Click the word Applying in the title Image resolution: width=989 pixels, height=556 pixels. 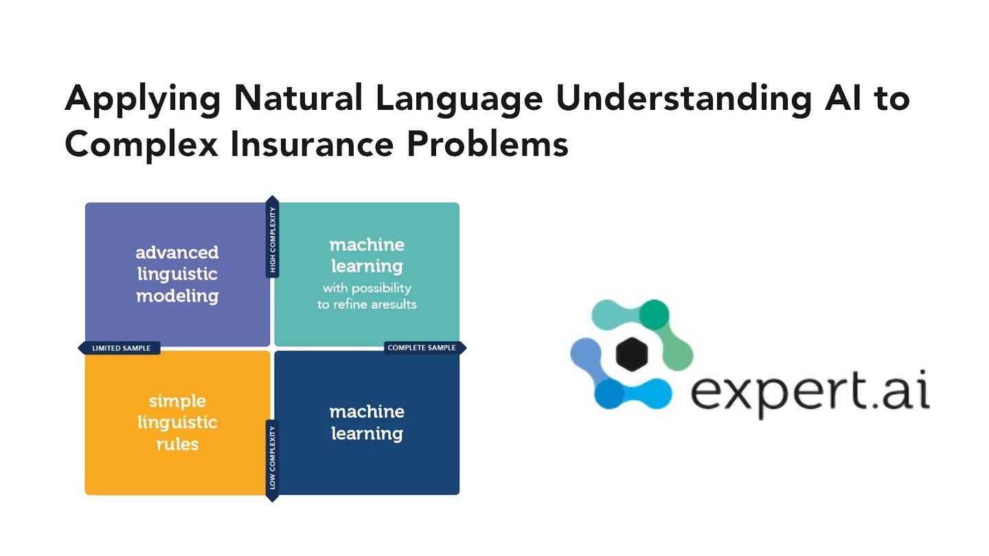coord(143,101)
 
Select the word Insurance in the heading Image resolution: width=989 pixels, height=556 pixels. coord(312,144)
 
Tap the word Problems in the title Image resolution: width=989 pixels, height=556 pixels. coord(487,144)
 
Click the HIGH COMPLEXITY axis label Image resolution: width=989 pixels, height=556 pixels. coord(273,240)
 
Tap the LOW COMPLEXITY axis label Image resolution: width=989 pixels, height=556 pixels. coord(273,458)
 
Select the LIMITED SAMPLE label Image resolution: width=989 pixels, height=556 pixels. coord(122,348)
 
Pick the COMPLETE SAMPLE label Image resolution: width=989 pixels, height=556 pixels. coord(422,348)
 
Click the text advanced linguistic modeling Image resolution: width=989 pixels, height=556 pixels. coord(177,274)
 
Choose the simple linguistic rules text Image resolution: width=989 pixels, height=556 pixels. coord(177,422)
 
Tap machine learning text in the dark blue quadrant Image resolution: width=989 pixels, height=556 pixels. coord(367,423)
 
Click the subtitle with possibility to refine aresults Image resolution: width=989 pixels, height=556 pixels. coord(367,296)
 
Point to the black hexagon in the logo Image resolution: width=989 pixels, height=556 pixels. coord(632,354)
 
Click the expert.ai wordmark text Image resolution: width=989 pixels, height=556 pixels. coord(810,393)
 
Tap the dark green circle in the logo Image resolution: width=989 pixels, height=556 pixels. coord(654,314)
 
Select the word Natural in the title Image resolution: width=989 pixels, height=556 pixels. coord(298,97)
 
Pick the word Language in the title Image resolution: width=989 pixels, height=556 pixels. coord(459,101)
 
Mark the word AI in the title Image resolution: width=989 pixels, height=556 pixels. coord(843,97)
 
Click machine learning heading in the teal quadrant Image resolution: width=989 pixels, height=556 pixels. coord(367,255)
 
